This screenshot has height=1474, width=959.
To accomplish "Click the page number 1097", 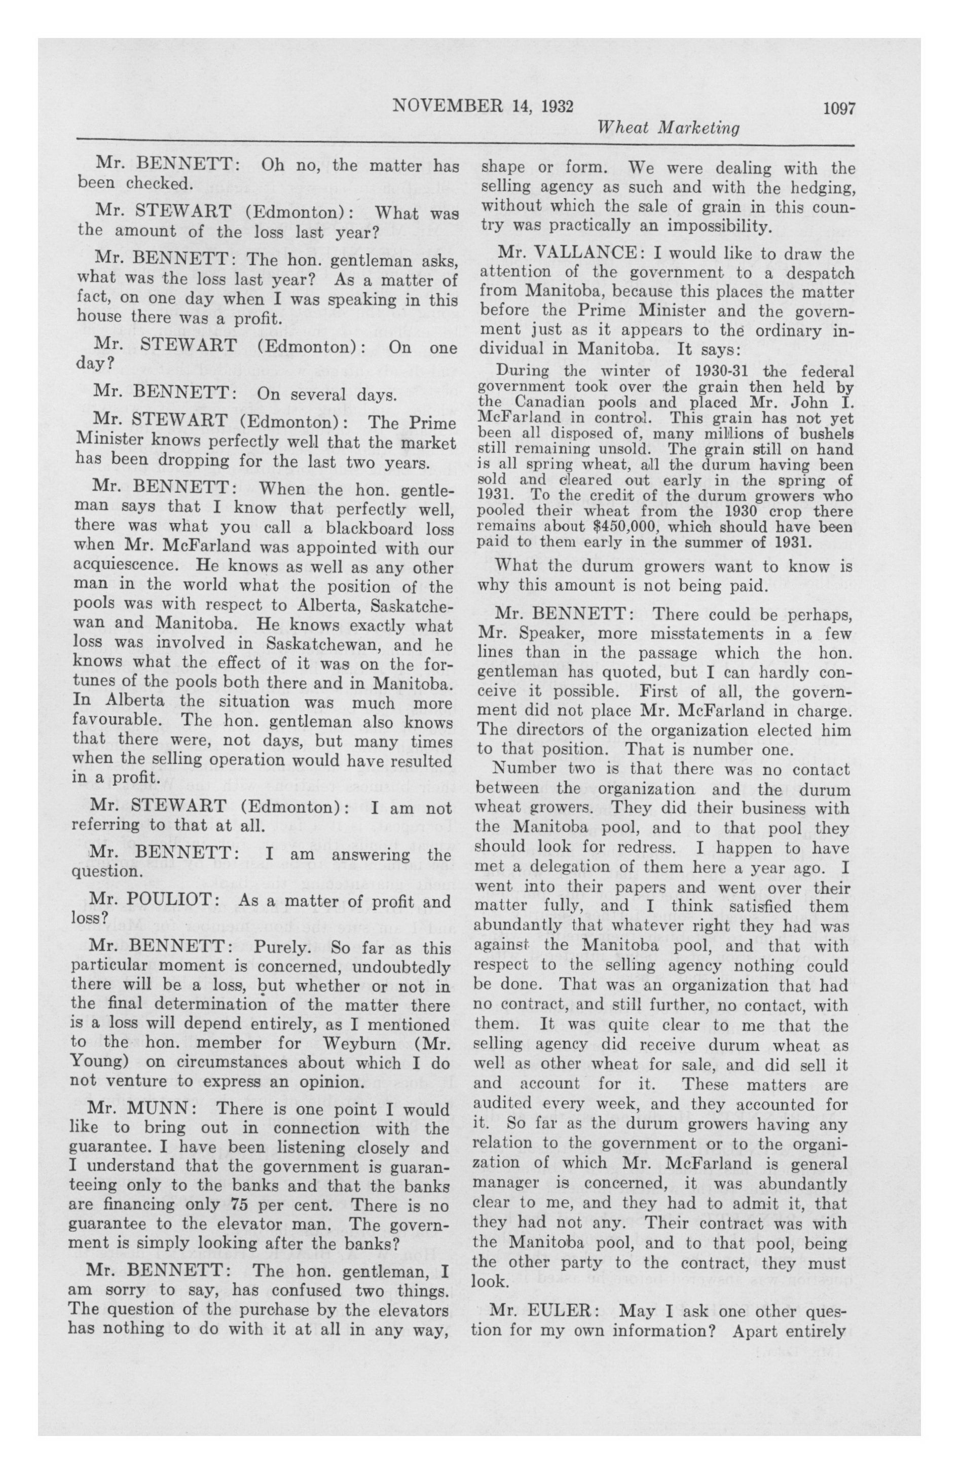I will (x=839, y=108).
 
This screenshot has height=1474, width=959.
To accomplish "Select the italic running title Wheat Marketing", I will (x=668, y=128).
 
